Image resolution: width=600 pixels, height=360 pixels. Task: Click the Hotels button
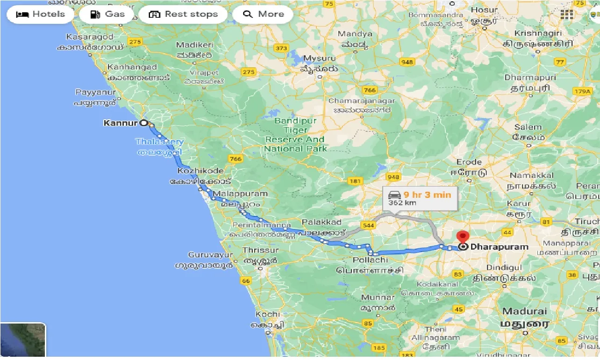click(x=40, y=14)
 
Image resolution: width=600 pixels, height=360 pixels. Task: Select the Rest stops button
click(x=183, y=14)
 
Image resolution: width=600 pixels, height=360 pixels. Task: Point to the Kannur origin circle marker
click(x=144, y=123)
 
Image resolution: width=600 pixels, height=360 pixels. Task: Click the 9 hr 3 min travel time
click(x=427, y=194)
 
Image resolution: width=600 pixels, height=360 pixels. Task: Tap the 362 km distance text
click(x=402, y=203)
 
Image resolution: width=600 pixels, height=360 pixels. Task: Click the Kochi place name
click(x=268, y=314)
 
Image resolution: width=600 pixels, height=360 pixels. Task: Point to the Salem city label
click(x=528, y=127)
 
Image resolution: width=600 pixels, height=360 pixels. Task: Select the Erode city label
click(x=469, y=162)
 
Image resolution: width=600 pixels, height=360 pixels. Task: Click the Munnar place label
click(x=378, y=297)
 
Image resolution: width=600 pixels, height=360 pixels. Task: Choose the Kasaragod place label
click(x=90, y=36)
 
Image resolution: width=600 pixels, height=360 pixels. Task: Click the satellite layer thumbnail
click(x=23, y=340)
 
